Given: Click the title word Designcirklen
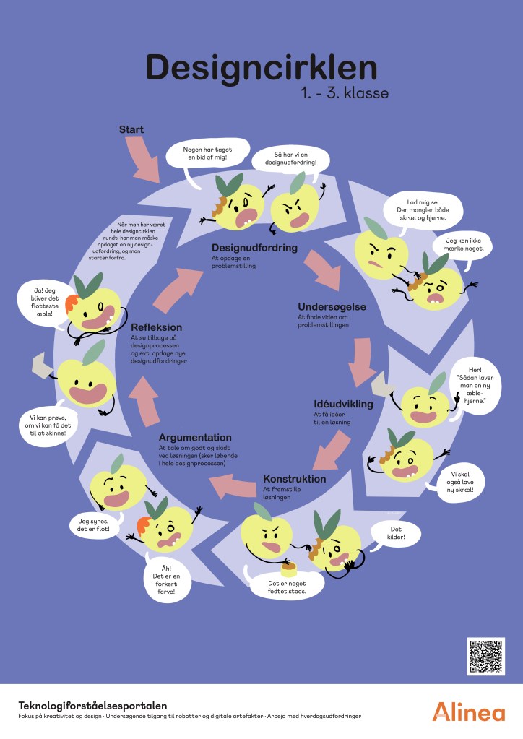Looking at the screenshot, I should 261,68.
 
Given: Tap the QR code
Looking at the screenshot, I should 485,657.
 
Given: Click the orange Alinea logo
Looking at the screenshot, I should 469,711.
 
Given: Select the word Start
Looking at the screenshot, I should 131,130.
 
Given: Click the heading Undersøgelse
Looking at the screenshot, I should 332,307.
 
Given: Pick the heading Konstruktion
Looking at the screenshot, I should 295,479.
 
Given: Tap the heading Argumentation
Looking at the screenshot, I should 195,438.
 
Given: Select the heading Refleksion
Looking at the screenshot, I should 156,327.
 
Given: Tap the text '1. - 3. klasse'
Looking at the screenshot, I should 345,94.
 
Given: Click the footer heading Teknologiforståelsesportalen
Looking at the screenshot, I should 92,705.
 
